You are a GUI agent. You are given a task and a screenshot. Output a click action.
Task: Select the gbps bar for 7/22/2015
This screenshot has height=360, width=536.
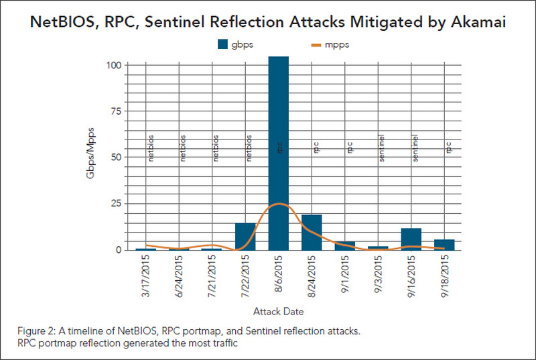[245, 236]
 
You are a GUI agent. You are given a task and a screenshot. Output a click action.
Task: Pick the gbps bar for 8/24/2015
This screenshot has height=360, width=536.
[312, 232]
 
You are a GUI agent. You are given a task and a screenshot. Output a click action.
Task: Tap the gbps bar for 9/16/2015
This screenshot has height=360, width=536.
[411, 239]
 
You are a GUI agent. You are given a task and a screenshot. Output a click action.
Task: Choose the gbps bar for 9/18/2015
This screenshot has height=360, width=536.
[444, 245]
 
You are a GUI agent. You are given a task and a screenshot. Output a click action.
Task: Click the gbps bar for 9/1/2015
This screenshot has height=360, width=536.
[345, 245]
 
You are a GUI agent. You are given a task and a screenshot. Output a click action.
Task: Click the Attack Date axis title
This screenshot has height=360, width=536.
[279, 311]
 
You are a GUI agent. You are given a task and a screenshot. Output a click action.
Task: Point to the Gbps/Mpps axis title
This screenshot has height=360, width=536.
[90, 158]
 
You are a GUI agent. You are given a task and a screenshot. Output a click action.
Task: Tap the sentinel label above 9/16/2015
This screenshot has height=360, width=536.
[415, 147]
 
